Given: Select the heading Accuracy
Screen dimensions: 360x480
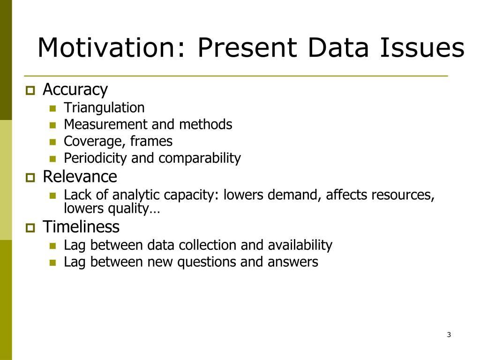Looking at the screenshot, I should (x=75, y=89).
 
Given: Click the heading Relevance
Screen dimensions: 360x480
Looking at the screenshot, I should (x=80, y=177).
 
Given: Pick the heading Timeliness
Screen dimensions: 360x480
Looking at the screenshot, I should (x=81, y=227).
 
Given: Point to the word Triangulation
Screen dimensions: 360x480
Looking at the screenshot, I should (x=104, y=108).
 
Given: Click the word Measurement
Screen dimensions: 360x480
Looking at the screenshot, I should (x=105, y=125).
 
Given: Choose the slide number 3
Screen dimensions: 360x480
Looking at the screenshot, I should (x=449, y=335).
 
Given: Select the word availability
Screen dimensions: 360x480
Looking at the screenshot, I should (x=300, y=245).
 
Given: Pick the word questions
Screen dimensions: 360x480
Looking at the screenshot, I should (x=206, y=262).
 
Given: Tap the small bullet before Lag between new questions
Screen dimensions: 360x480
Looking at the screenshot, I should (x=52, y=262).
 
